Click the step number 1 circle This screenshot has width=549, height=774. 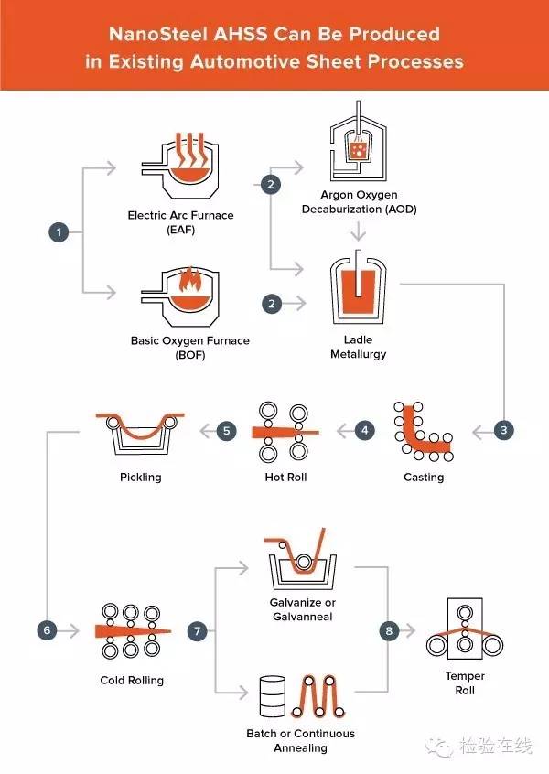tap(59, 232)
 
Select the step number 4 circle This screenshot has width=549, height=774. tap(365, 429)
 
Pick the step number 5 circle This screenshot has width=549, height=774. tap(228, 429)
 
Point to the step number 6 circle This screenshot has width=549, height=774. tap(47, 630)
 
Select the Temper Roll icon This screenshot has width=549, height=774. tap(465, 631)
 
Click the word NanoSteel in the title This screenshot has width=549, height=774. tap(157, 35)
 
